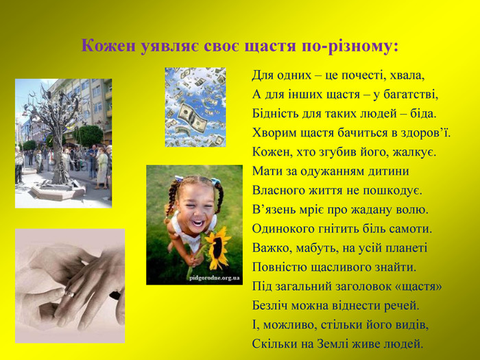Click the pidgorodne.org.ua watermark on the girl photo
(x=214, y=278)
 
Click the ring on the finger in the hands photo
(x=70, y=294)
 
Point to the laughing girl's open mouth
(x=197, y=223)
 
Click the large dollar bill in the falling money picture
(x=192, y=117)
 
